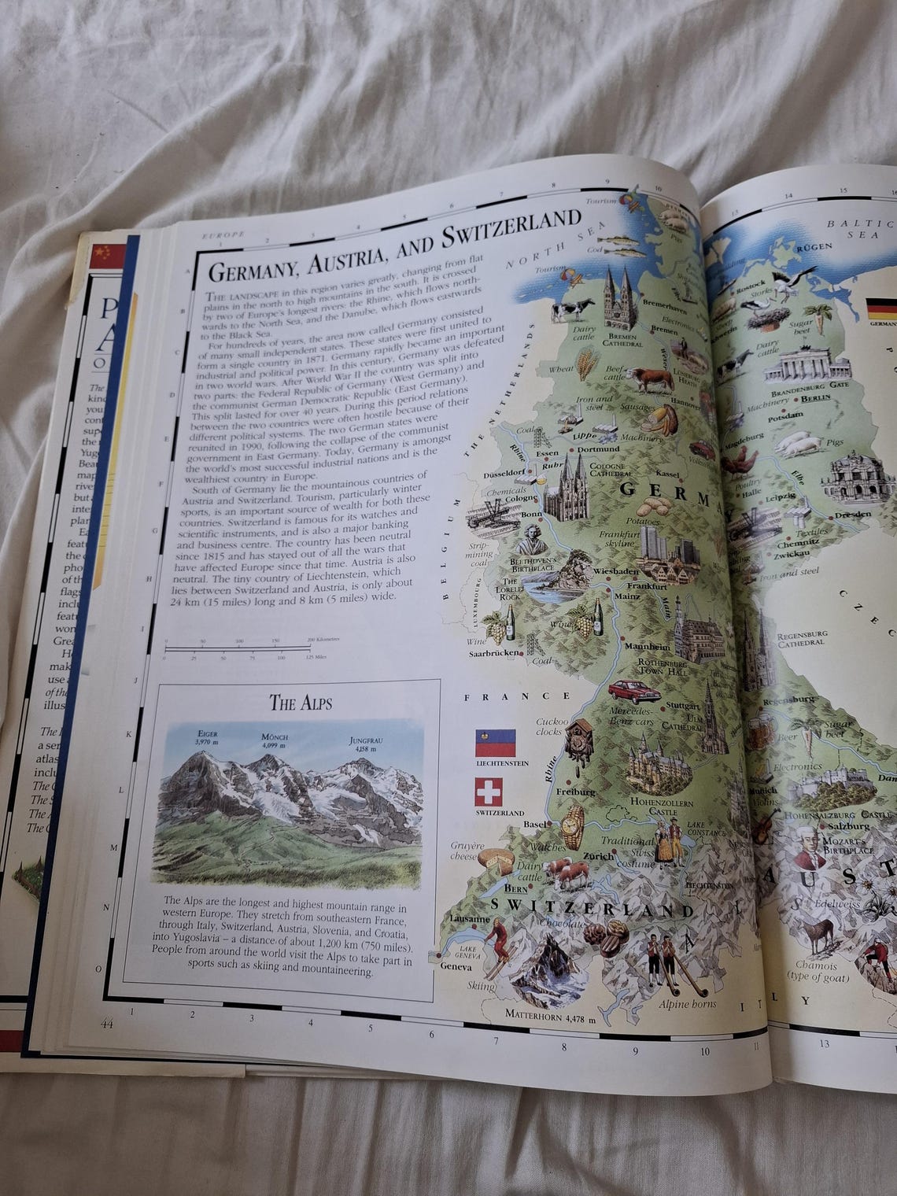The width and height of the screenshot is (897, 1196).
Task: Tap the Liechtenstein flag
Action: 493,742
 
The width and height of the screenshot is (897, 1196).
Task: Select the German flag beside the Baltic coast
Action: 880,307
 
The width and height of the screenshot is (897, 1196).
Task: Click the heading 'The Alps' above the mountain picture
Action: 301,702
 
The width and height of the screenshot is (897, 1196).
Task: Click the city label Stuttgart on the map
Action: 682,705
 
